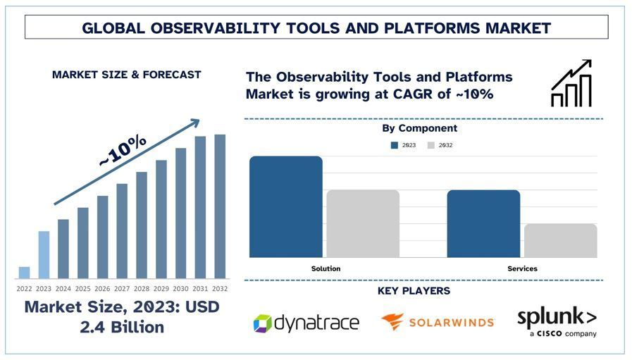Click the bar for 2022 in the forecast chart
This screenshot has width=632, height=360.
(24, 273)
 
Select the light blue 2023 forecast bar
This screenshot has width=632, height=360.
(44, 254)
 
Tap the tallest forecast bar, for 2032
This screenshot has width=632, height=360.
(220, 206)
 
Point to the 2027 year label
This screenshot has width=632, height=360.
(122, 288)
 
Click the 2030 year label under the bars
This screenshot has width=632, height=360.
(180, 288)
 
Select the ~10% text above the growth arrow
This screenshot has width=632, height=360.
(123, 151)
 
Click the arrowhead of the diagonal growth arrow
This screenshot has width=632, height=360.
(193, 125)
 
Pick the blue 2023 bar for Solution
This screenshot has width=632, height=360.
(285, 206)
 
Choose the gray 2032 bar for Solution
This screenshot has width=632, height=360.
(363, 223)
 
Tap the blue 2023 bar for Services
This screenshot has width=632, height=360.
(483, 223)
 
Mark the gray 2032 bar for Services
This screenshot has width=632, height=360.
(560, 240)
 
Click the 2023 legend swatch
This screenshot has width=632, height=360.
(395, 145)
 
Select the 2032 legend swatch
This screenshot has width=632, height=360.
(431, 145)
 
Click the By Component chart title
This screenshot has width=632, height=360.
(419, 128)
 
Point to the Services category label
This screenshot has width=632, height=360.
(522, 268)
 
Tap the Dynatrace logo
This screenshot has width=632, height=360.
(306, 323)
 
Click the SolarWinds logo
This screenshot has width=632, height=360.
(437, 322)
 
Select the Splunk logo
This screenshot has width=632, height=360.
(557, 321)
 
